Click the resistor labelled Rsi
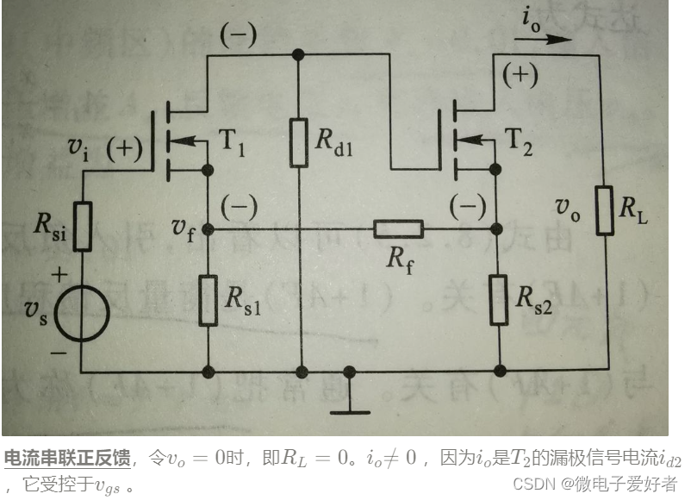click(x=83, y=227)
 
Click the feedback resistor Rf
click(x=398, y=229)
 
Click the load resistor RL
click(x=603, y=210)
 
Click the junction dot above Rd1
click(x=299, y=54)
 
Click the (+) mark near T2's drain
click(x=520, y=76)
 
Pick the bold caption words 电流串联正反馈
click(x=67, y=458)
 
